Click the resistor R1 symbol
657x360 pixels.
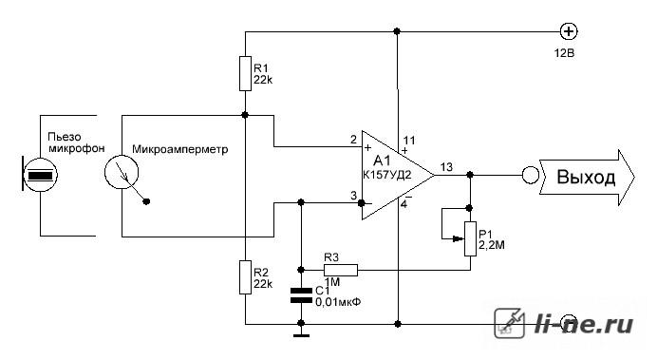[x=245, y=73]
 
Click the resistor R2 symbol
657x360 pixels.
[x=245, y=277]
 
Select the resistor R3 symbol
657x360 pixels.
[x=341, y=271]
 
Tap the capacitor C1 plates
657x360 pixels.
[x=301, y=295]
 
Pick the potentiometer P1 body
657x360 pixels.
[x=470, y=238]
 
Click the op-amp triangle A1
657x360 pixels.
[x=398, y=175]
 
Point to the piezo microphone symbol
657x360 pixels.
[x=39, y=175]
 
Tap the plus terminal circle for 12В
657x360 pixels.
[x=569, y=31]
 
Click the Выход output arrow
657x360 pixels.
[x=587, y=178]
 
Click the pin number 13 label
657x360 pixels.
[x=446, y=167]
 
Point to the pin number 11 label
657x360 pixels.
[x=409, y=140]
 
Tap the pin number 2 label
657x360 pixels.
[x=353, y=139]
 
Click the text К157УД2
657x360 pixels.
[x=387, y=175]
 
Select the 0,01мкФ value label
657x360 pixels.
[x=338, y=302]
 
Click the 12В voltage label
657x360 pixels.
[x=564, y=53]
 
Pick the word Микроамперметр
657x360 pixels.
[x=180, y=149]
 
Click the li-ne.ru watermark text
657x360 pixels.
[x=584, y=324]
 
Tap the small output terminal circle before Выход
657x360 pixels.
[x=531, y=175]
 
